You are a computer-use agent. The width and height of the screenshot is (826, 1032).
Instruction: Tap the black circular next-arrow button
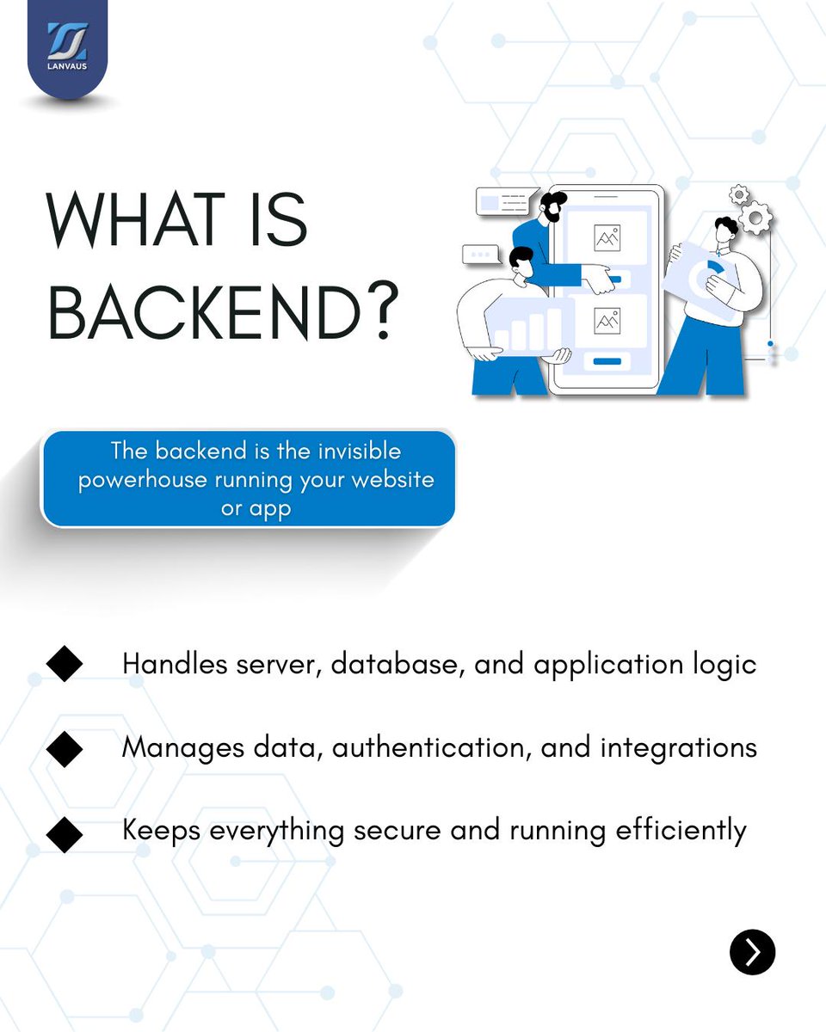[x=752, y=952]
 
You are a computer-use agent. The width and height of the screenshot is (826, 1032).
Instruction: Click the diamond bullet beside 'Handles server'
[x=65, y=664]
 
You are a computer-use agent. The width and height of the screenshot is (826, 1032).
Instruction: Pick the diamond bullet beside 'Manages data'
[x=65, y=748]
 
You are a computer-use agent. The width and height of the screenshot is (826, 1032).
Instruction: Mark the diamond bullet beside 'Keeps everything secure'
[x=65, y=832]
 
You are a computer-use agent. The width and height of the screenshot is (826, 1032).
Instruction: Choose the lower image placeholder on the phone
[x=607, y=320]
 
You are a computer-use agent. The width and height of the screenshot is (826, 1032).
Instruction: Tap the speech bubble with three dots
[x=480, y=255]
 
